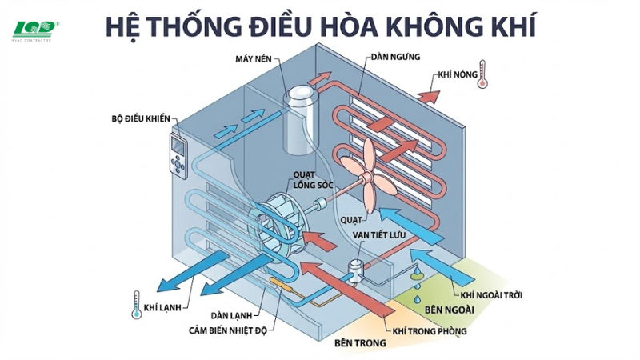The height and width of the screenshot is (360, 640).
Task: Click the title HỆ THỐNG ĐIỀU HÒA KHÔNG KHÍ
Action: (320, 24)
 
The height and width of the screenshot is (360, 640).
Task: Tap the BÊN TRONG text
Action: (359, 342)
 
